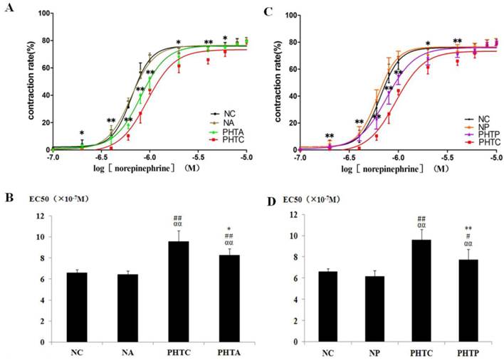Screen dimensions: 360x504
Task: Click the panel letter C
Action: [268, 11]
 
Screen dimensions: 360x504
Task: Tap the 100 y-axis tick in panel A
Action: [43, 14]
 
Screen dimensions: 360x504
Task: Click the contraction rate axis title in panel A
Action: [33, 80]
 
